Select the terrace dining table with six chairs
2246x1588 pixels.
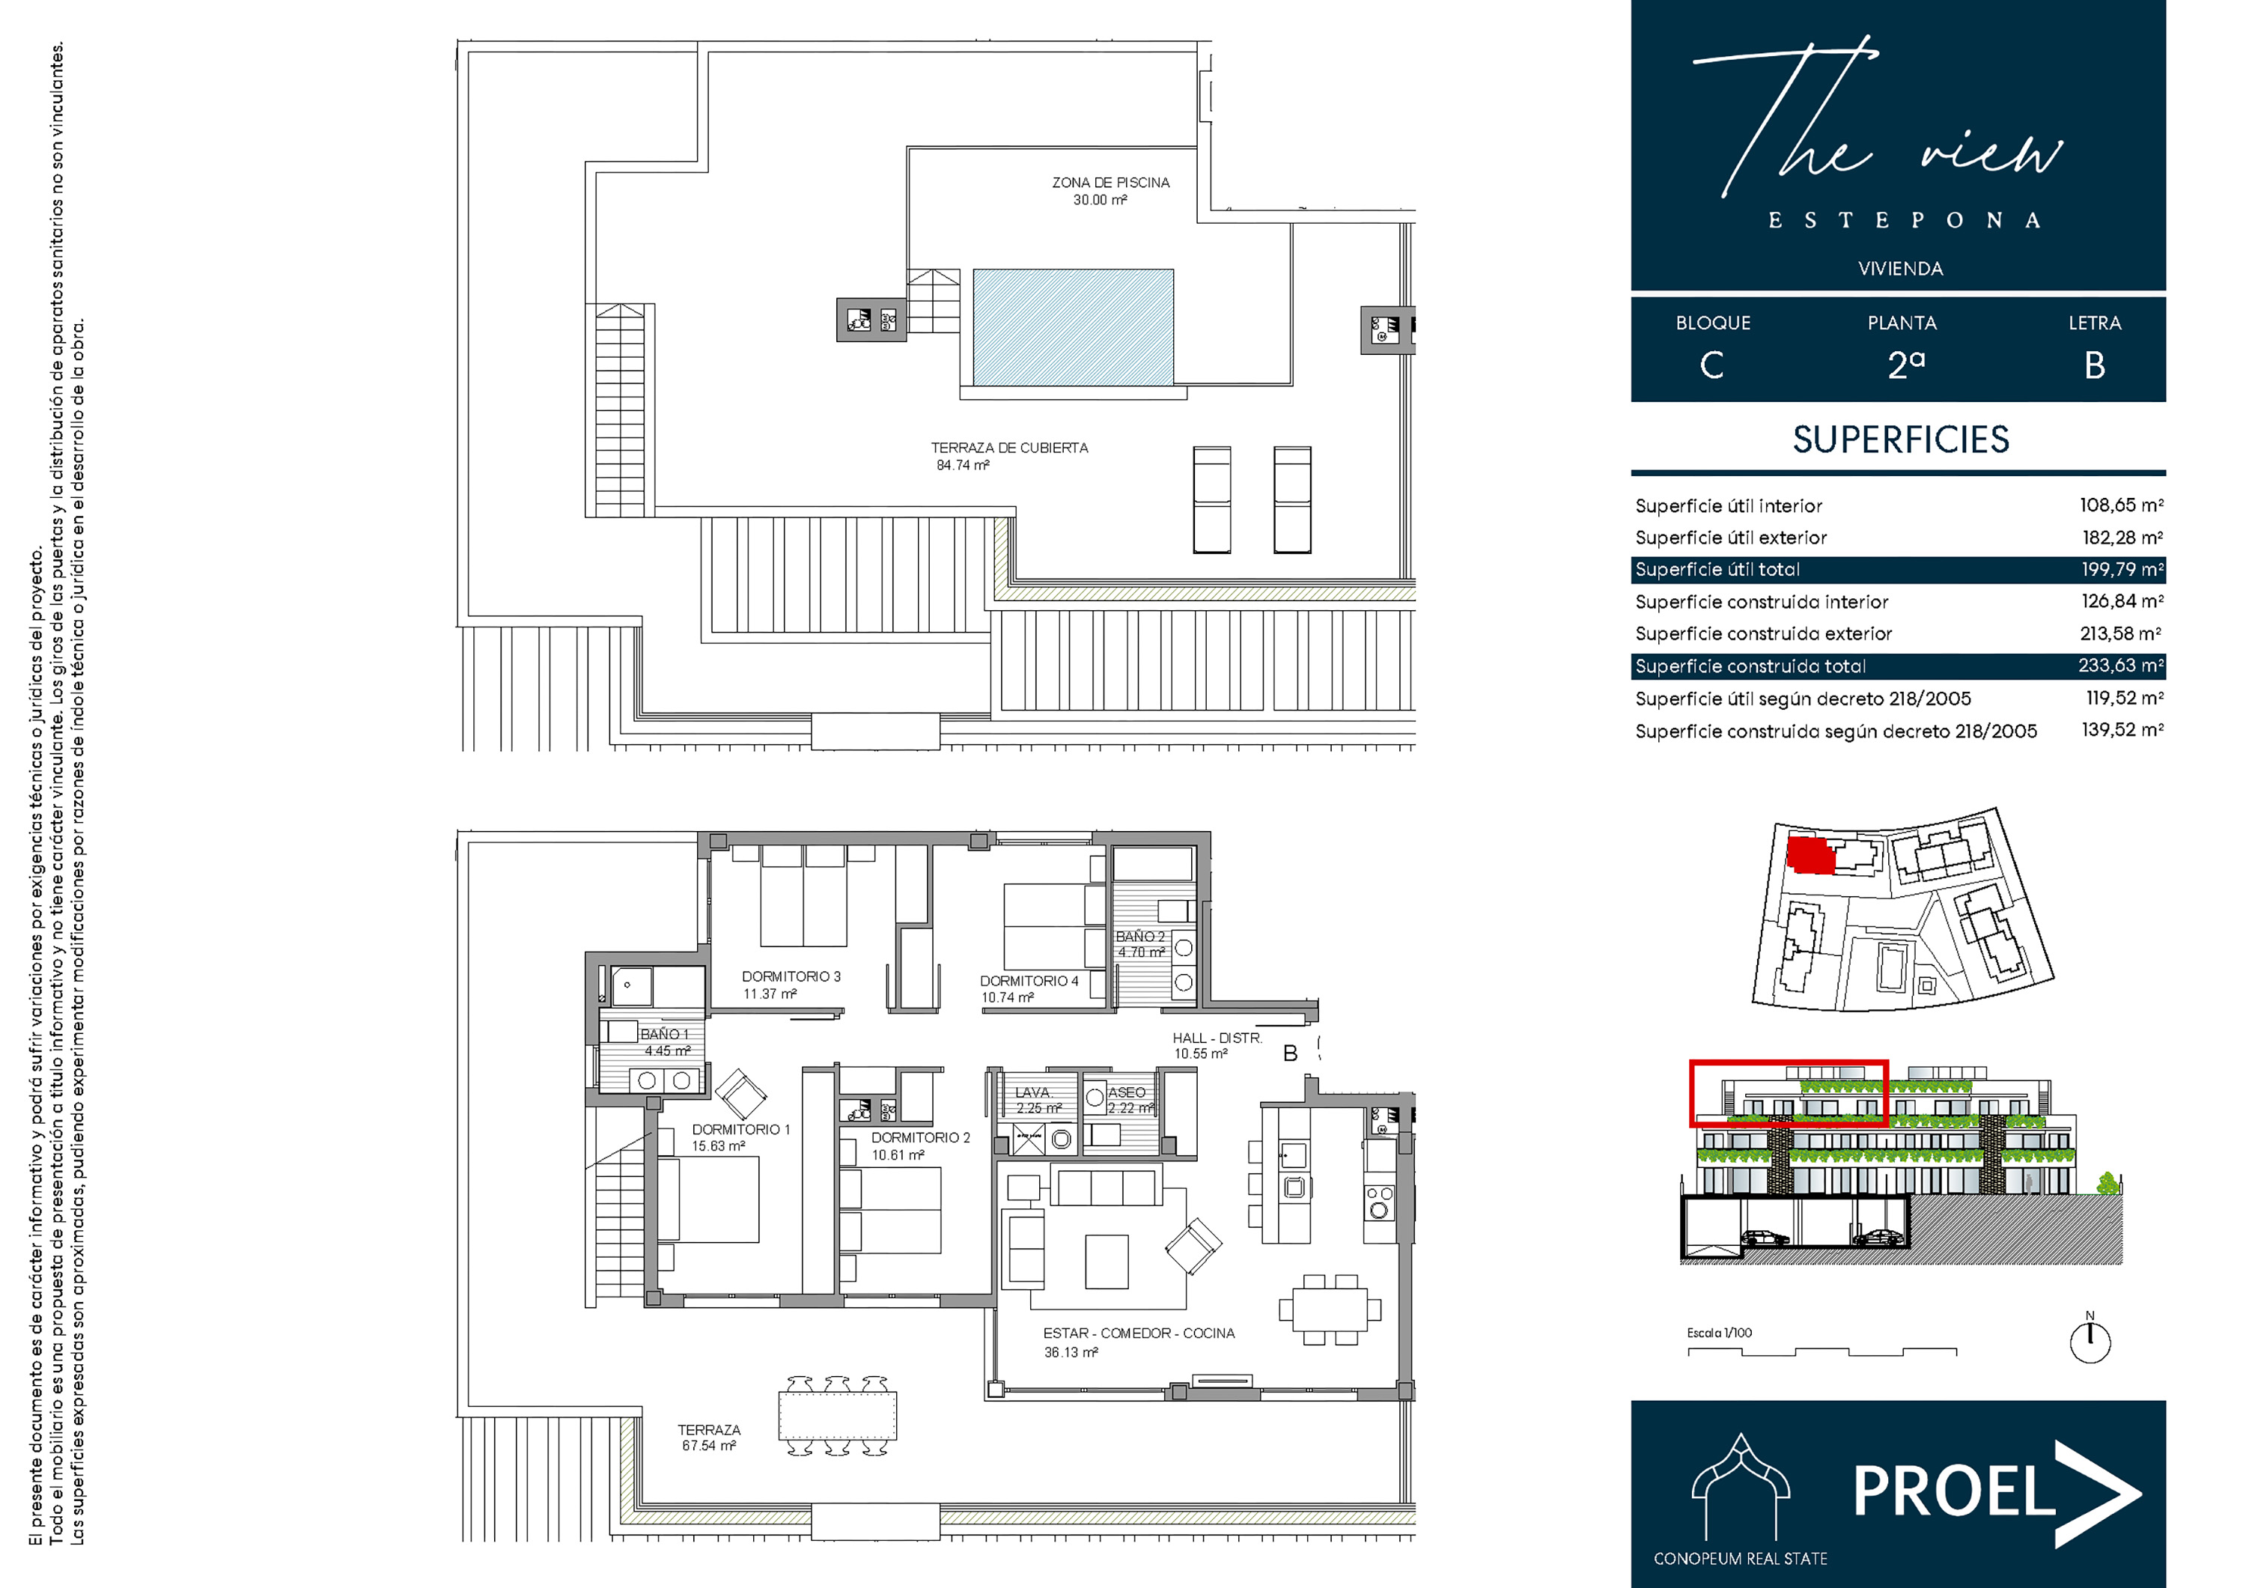coord(837,1416)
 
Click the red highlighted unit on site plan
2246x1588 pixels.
coord(1810,854)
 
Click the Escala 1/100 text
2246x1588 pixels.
coord(1720,1333)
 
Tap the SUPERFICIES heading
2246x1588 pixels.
coord(1901,439)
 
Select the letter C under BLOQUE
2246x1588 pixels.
coord(1712,366)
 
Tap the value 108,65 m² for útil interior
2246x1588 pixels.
coord(2122,505)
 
